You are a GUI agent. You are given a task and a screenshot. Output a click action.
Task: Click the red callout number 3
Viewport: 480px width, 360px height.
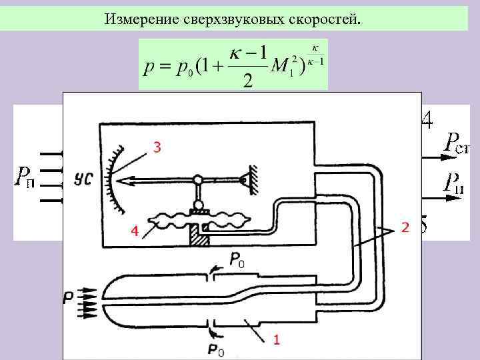coord(157,148)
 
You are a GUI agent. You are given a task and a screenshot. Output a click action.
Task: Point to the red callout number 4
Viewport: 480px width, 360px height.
coord(135,231)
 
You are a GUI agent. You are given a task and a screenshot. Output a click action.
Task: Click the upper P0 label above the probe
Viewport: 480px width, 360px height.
coord(237,264)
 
